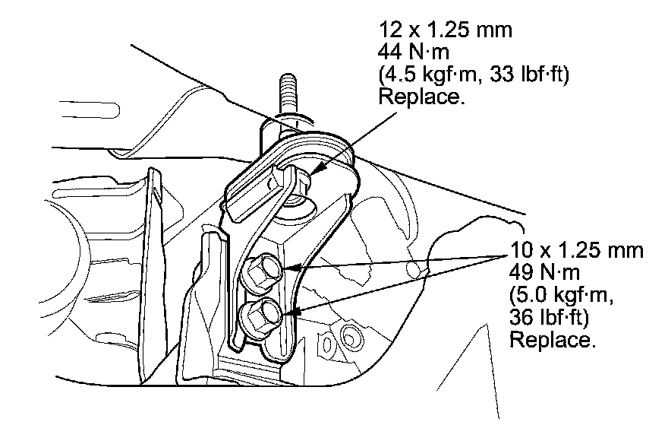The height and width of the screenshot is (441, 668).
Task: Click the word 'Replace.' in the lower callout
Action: [x=552, y=340]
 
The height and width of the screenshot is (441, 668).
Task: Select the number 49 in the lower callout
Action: [x=521, y=272]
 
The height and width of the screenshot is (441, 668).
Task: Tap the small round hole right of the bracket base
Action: [x=350, y=335]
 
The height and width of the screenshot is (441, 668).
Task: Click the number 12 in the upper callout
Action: [x=388, y=31]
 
